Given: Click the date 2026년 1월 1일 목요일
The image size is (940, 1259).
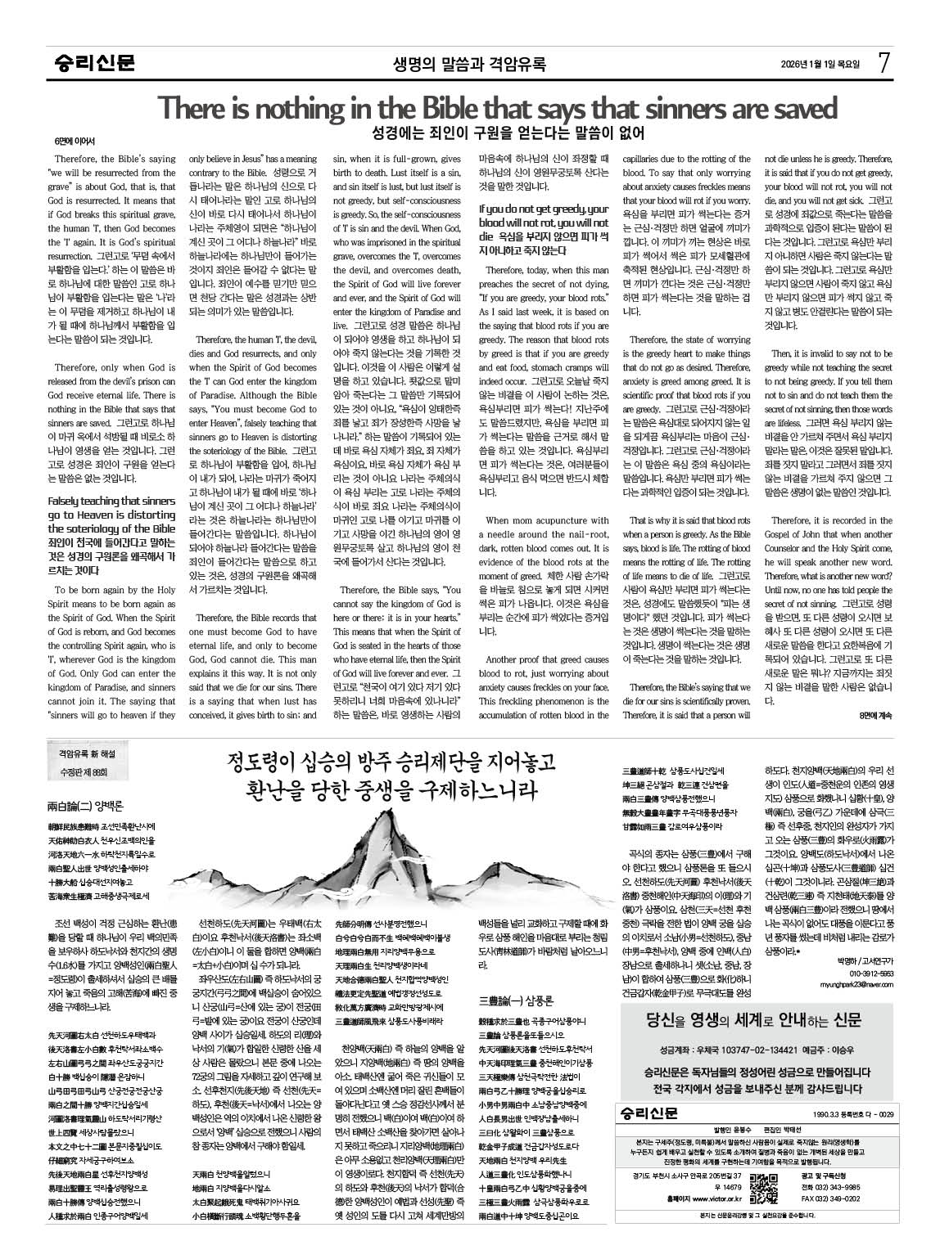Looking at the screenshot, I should (x=821, y=65).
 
